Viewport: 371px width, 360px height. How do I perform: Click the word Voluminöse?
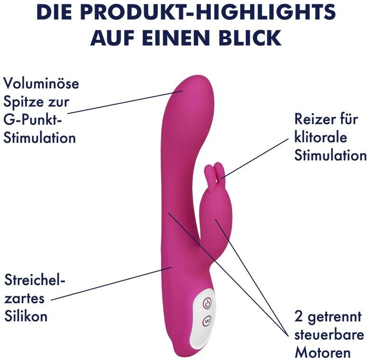pos(42,84)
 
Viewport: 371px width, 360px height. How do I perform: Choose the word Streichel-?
pos(35,280)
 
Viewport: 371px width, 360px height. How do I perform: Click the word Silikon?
pos(26,316)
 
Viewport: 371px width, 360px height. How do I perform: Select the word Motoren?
pos(322,352)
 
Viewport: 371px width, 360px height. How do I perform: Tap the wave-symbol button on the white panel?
pos(207,321)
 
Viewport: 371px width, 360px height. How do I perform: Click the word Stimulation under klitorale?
pos(330,155)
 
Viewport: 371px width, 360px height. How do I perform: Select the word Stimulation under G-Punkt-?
pos(40,138)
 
